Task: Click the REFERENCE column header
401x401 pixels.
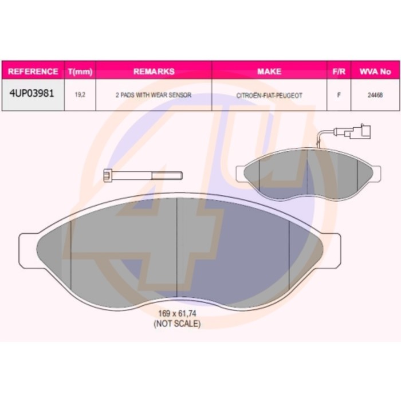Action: (33, 72)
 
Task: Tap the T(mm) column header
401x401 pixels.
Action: (80, 72)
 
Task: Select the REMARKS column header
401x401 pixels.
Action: (154, 72)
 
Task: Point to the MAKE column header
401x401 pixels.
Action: (269, 72)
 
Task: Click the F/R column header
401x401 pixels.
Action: (339, 72)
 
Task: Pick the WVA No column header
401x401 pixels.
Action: (375, 72)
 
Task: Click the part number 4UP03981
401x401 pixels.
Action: (32, 93)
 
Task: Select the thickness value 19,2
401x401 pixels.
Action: (80, 95)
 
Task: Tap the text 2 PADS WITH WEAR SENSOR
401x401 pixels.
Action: (154, 95)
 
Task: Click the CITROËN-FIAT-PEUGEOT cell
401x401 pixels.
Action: (269, 96)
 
